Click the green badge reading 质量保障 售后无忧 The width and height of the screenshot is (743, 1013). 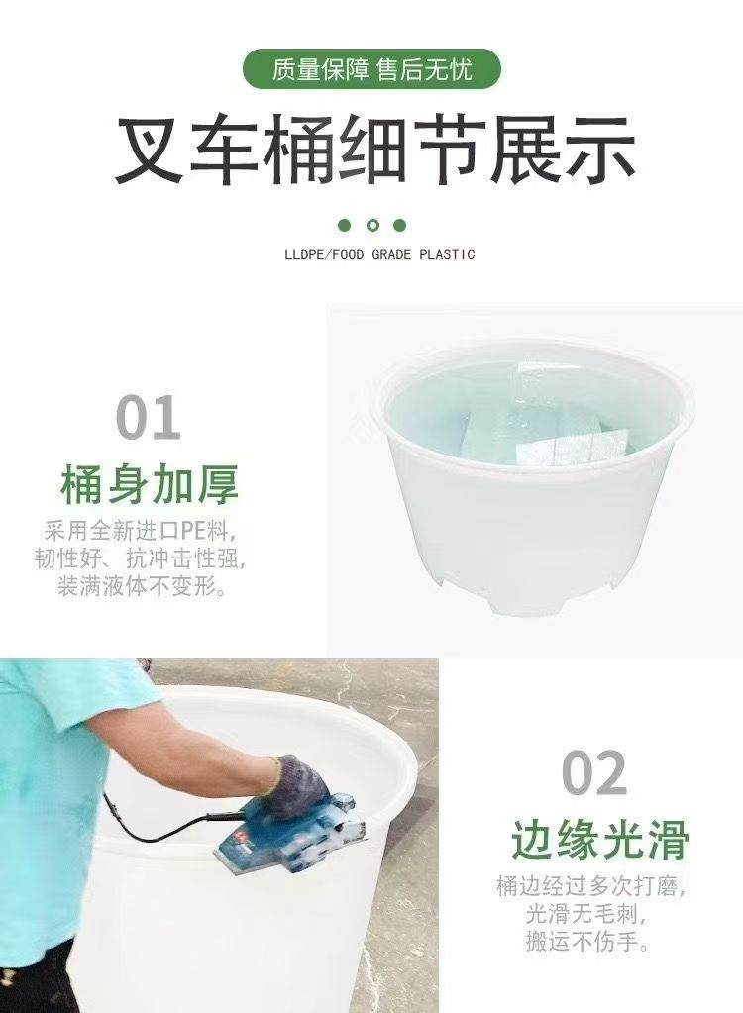371,69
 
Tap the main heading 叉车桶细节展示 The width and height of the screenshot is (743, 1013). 374,151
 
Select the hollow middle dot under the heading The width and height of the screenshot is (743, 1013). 372,226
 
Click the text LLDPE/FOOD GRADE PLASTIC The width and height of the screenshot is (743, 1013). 379,254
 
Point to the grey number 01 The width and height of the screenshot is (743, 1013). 149,418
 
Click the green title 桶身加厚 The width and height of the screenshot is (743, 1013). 150,486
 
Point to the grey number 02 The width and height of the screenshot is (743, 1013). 594,773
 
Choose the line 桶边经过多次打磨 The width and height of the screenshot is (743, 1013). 591,884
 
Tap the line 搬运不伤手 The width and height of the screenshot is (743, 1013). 590,942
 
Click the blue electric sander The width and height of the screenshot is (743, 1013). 287,837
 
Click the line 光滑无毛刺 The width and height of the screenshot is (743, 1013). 591,913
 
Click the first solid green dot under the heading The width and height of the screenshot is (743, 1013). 345,226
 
